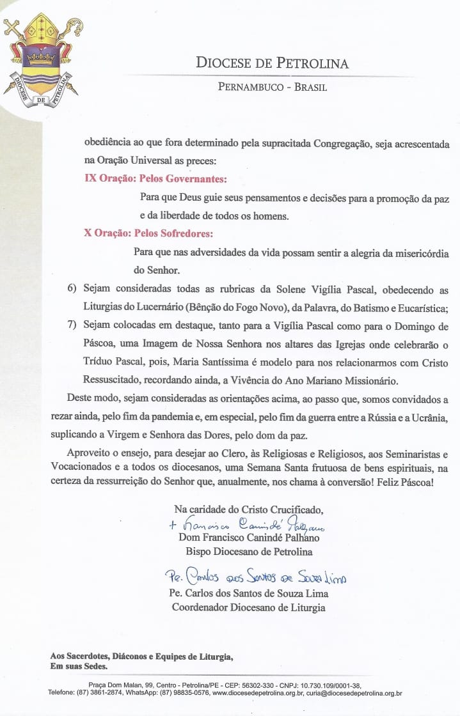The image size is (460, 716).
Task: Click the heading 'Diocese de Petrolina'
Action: point(272,63)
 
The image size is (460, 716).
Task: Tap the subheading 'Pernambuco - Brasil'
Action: point(272,87)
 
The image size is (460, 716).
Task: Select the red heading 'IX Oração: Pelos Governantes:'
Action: point(156,178)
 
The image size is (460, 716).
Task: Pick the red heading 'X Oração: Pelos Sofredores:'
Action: point(148,233)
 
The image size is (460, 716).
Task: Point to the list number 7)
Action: point(73,326)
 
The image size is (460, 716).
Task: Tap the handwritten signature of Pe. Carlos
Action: point(255,578)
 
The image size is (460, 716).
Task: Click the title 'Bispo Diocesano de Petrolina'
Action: point(249,551)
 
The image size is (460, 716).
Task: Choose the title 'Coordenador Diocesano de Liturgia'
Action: point(248,607)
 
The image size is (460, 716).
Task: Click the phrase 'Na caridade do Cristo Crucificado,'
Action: point(249,510)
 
